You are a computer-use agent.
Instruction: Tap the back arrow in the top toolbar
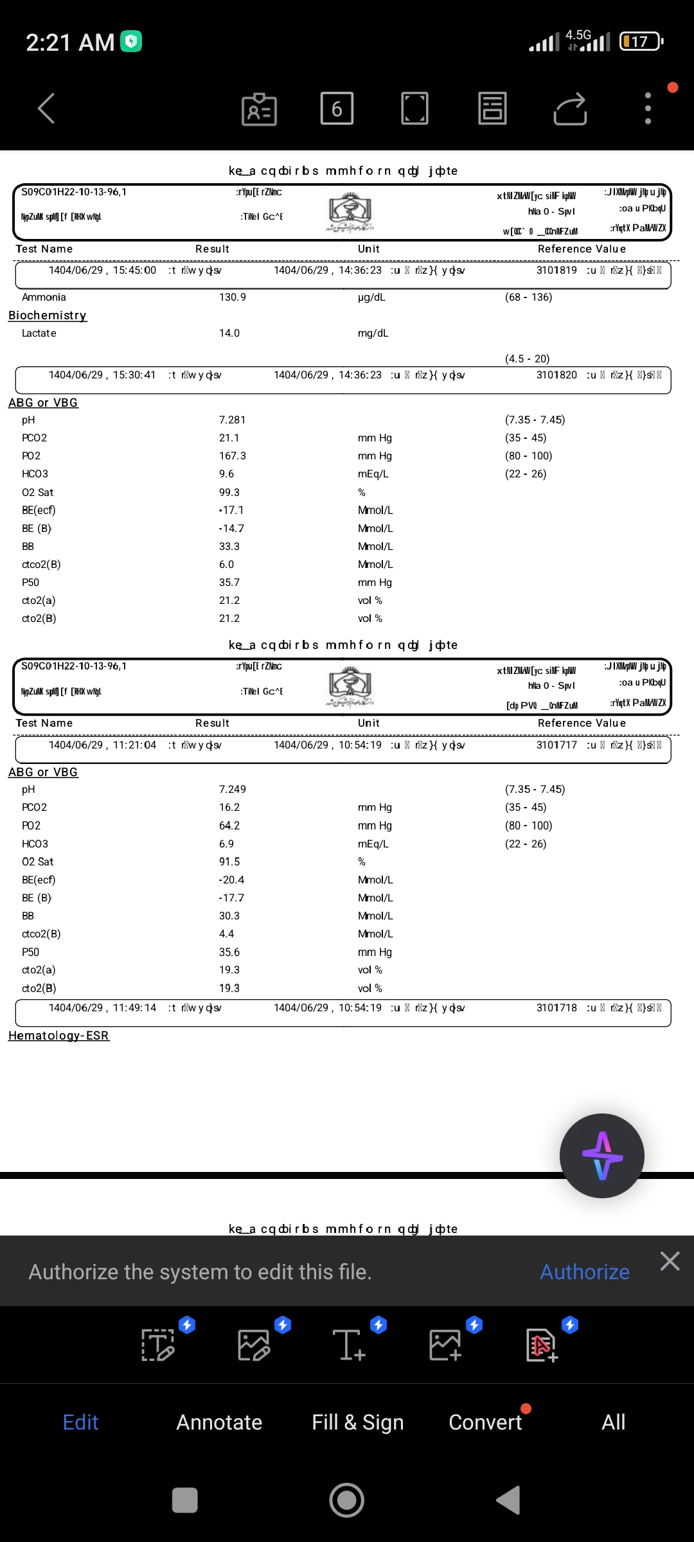(46, 108)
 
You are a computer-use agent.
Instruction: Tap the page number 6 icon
(337, 108)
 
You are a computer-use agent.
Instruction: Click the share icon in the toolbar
(570, 109)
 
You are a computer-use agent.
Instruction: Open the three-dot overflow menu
(648, 108)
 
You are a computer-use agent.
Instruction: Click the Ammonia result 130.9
(232, 297)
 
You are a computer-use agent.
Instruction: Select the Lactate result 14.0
(229, 333)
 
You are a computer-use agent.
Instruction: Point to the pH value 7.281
(232, 420)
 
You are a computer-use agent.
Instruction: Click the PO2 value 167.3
(232, 456)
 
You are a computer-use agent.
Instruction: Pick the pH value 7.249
(232, 790)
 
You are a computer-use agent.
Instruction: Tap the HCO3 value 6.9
(226, 844)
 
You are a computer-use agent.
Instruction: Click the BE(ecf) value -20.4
(231, 880)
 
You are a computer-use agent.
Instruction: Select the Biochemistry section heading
(48, 315)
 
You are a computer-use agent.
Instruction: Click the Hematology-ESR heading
(58, 1036)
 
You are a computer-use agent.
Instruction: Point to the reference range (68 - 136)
(528, 297)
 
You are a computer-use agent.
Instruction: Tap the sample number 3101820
(556, 375)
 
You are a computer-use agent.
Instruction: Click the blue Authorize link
(584, 1272)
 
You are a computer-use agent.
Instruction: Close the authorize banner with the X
(670, 1261)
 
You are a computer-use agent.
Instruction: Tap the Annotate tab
(219, 1422)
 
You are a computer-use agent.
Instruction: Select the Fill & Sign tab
(357, 1422)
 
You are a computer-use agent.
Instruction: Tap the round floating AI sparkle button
(601, 1156)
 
